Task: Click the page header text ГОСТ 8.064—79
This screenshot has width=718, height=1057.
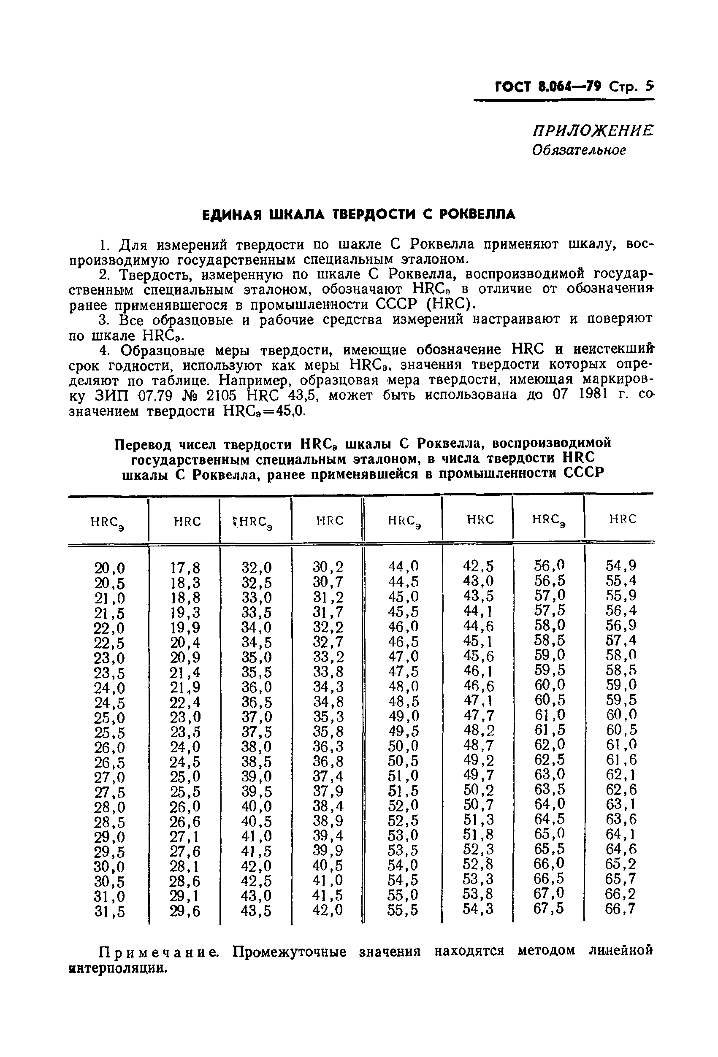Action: [548, 86]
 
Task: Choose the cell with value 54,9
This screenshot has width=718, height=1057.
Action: [620, 566]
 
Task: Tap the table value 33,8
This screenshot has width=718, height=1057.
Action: [328, 672]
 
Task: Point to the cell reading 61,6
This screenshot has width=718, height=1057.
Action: [620, 760]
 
